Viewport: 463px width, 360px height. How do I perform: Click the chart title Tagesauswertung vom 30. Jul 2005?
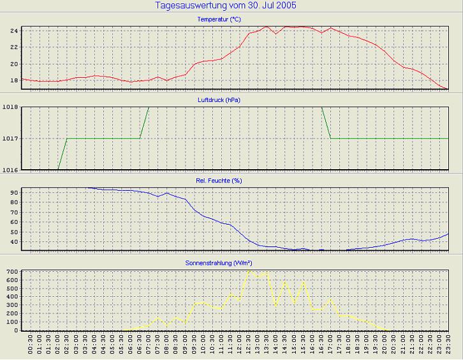tap(225, 6)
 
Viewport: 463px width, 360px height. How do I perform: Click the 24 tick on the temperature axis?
tap(13, 31)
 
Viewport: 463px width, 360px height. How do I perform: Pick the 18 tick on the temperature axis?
tap(13, 80)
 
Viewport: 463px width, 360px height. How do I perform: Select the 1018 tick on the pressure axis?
tap(10, 107)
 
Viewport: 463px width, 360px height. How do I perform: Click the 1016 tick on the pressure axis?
tap(10, 170)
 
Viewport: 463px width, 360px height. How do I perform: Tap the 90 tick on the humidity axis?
tap(13, 191)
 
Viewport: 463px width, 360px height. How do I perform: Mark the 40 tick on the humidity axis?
tap(13, 242)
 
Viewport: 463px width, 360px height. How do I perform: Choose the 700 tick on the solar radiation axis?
tap(11, 272)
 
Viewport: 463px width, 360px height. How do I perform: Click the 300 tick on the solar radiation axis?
tap(11, 305)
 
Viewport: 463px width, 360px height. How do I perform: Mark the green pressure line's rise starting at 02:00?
tap(58, 169)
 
